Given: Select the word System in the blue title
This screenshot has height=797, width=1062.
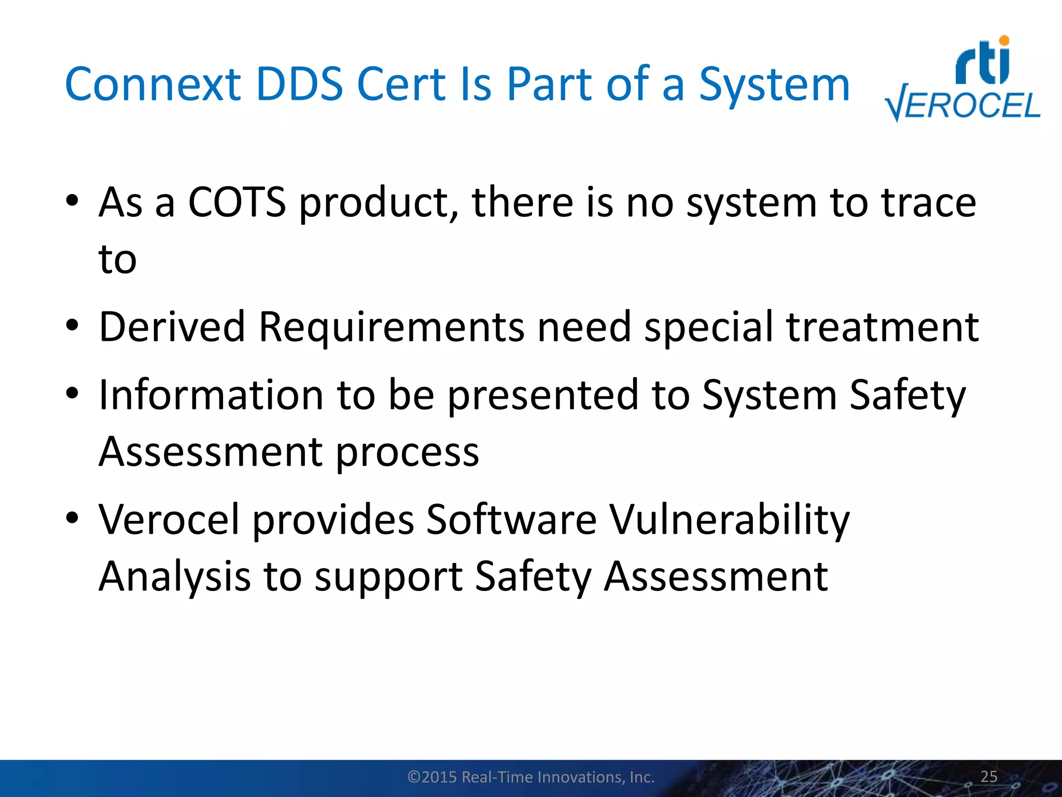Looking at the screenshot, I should (x=774, y=85).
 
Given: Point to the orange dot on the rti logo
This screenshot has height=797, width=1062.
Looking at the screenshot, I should (x=1004, y=40).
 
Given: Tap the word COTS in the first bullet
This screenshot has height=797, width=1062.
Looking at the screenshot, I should (x=236, y=202).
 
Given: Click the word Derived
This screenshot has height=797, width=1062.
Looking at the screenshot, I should (x=172, y=327).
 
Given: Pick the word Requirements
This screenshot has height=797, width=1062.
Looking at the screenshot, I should (x=392, y=327).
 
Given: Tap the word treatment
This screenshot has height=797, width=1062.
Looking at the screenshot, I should (x=882, y=327).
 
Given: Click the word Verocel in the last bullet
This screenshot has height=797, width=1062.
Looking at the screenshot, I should (x=169, y=519).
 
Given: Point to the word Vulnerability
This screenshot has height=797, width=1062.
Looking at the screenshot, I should (x=729, y=519).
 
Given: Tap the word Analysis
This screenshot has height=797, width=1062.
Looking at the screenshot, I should (x=175, y=576).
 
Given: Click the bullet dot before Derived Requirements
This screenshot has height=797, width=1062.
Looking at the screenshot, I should (x=72, y=326).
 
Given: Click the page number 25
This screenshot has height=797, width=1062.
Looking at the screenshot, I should (x=989, y=776).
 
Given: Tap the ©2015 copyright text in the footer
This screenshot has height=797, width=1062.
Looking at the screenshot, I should (x=531, y=777).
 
